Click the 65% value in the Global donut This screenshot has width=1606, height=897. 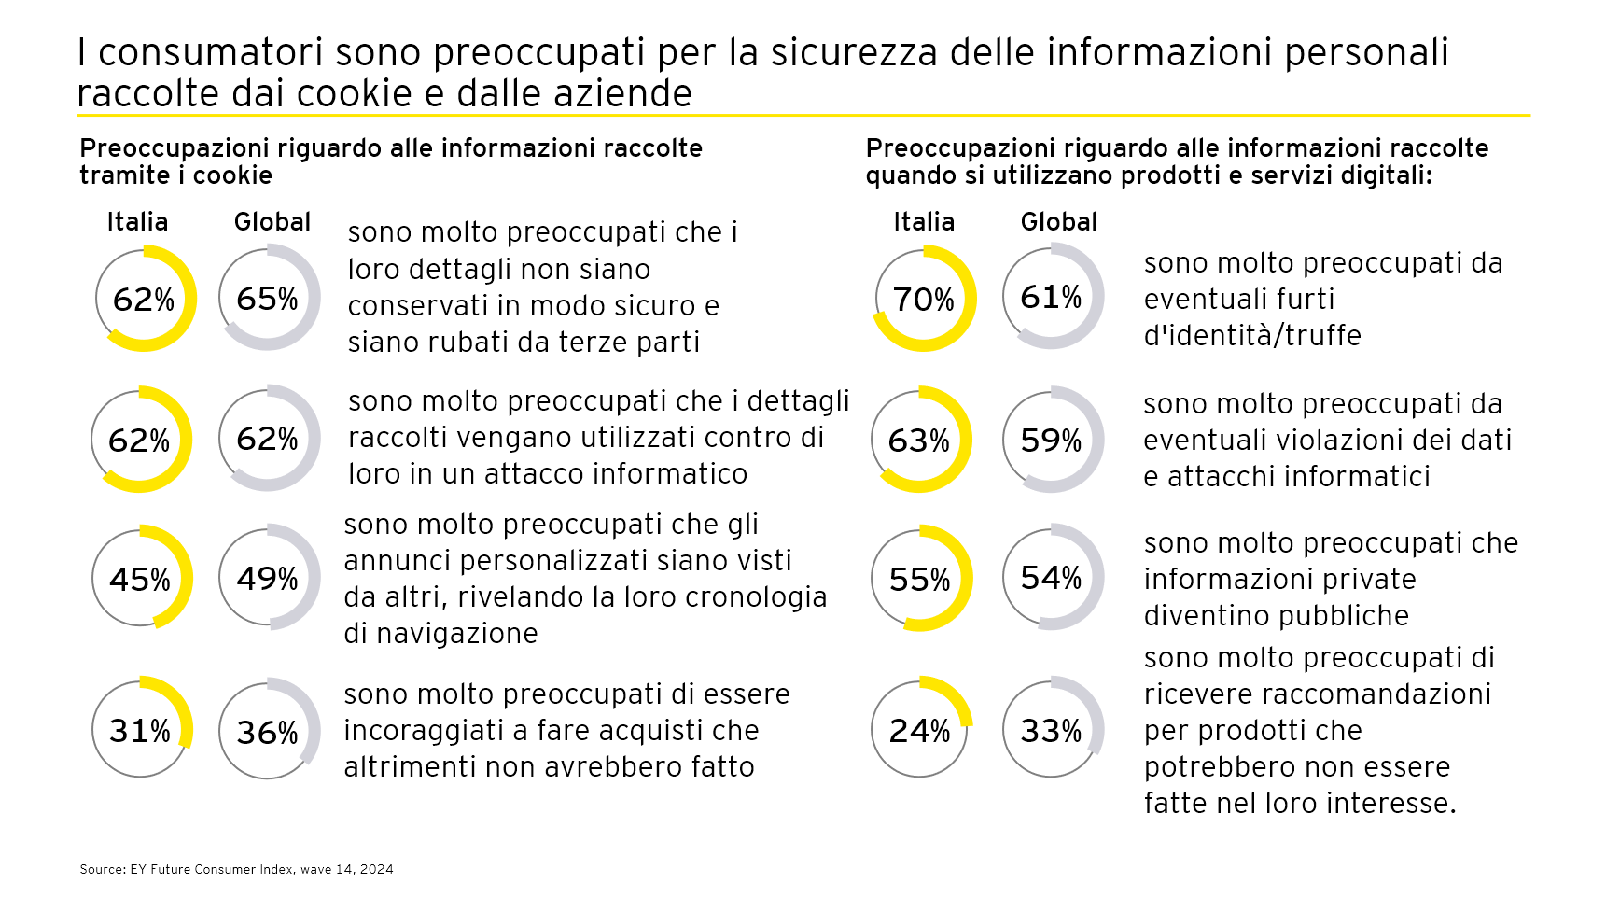tap(267, 299)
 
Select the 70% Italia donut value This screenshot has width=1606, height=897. tap(923, 300)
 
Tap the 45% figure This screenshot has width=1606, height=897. tap(140, 580)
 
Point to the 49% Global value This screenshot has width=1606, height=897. tap(267, 579)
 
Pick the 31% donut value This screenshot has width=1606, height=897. tap(140, 731)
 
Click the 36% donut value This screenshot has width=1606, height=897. tap(267, 733)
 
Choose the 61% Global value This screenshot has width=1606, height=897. tap(1051, 297)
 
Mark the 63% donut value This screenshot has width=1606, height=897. tap(918, 441)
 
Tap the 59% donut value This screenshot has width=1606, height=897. tap(1051, 441)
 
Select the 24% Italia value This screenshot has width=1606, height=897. tap(919, 731)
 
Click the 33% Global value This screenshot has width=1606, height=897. tap(1051, 731)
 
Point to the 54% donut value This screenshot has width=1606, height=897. tap(1051, 578)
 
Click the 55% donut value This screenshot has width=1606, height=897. tap(919, 580)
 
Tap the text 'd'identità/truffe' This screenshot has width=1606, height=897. tap(1252, 335)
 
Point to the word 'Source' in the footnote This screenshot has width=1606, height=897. tap(102, 869)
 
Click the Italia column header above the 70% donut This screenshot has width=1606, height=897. tap(924, 222)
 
